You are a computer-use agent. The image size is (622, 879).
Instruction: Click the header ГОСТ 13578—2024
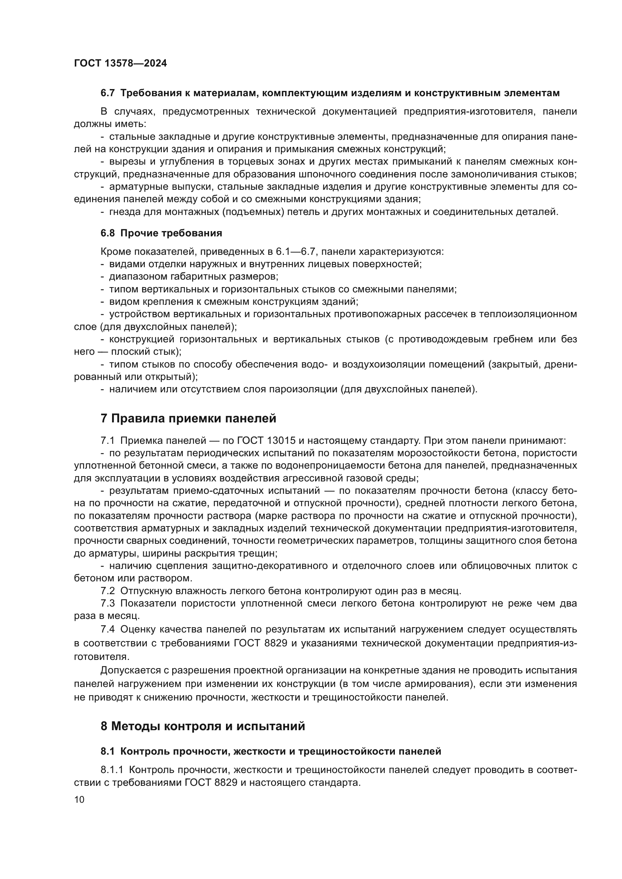(x=120, y=63)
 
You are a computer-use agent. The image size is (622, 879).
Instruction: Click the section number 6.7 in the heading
(x=107, y=93)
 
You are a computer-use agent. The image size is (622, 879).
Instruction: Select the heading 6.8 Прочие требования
(x=161, y=233)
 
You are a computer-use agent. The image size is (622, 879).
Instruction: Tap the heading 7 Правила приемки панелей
(x=188, y=418)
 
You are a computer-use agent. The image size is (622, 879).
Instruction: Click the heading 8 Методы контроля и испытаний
(x=203, y=726)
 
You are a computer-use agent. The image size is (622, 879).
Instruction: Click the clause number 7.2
(x=108, y=591)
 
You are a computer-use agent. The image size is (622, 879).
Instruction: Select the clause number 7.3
(x=108, y=604)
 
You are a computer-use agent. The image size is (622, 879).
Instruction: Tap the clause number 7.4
(x=108, y=629)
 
